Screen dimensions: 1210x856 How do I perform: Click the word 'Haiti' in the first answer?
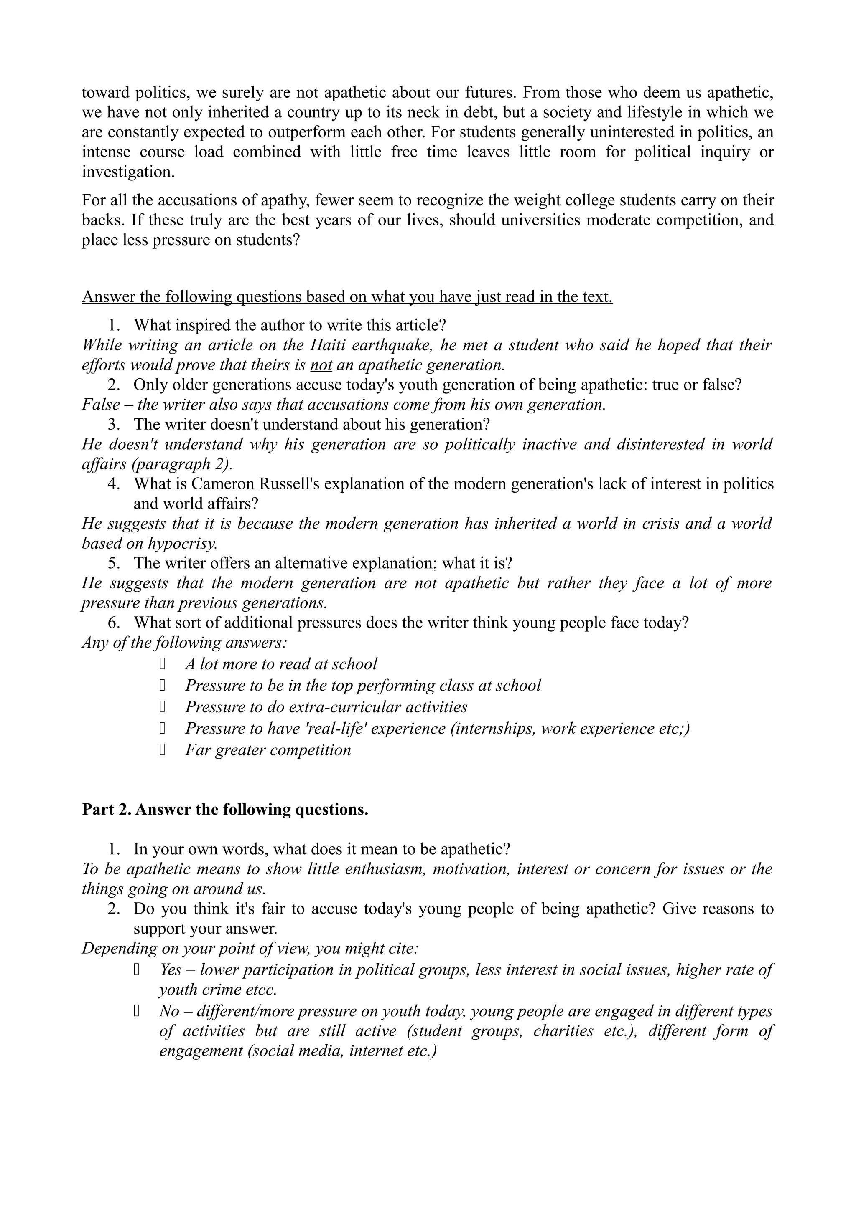[327, 345]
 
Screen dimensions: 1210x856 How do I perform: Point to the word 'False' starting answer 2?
[101, 405]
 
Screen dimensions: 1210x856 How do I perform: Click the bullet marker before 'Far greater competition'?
[163, 750]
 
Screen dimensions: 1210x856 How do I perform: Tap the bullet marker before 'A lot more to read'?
[163, 664]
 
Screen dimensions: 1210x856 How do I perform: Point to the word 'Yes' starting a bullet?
[171, 970]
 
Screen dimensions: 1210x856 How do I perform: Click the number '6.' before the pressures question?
[114, 623]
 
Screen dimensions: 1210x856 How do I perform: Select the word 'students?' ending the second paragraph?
[266, 240]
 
